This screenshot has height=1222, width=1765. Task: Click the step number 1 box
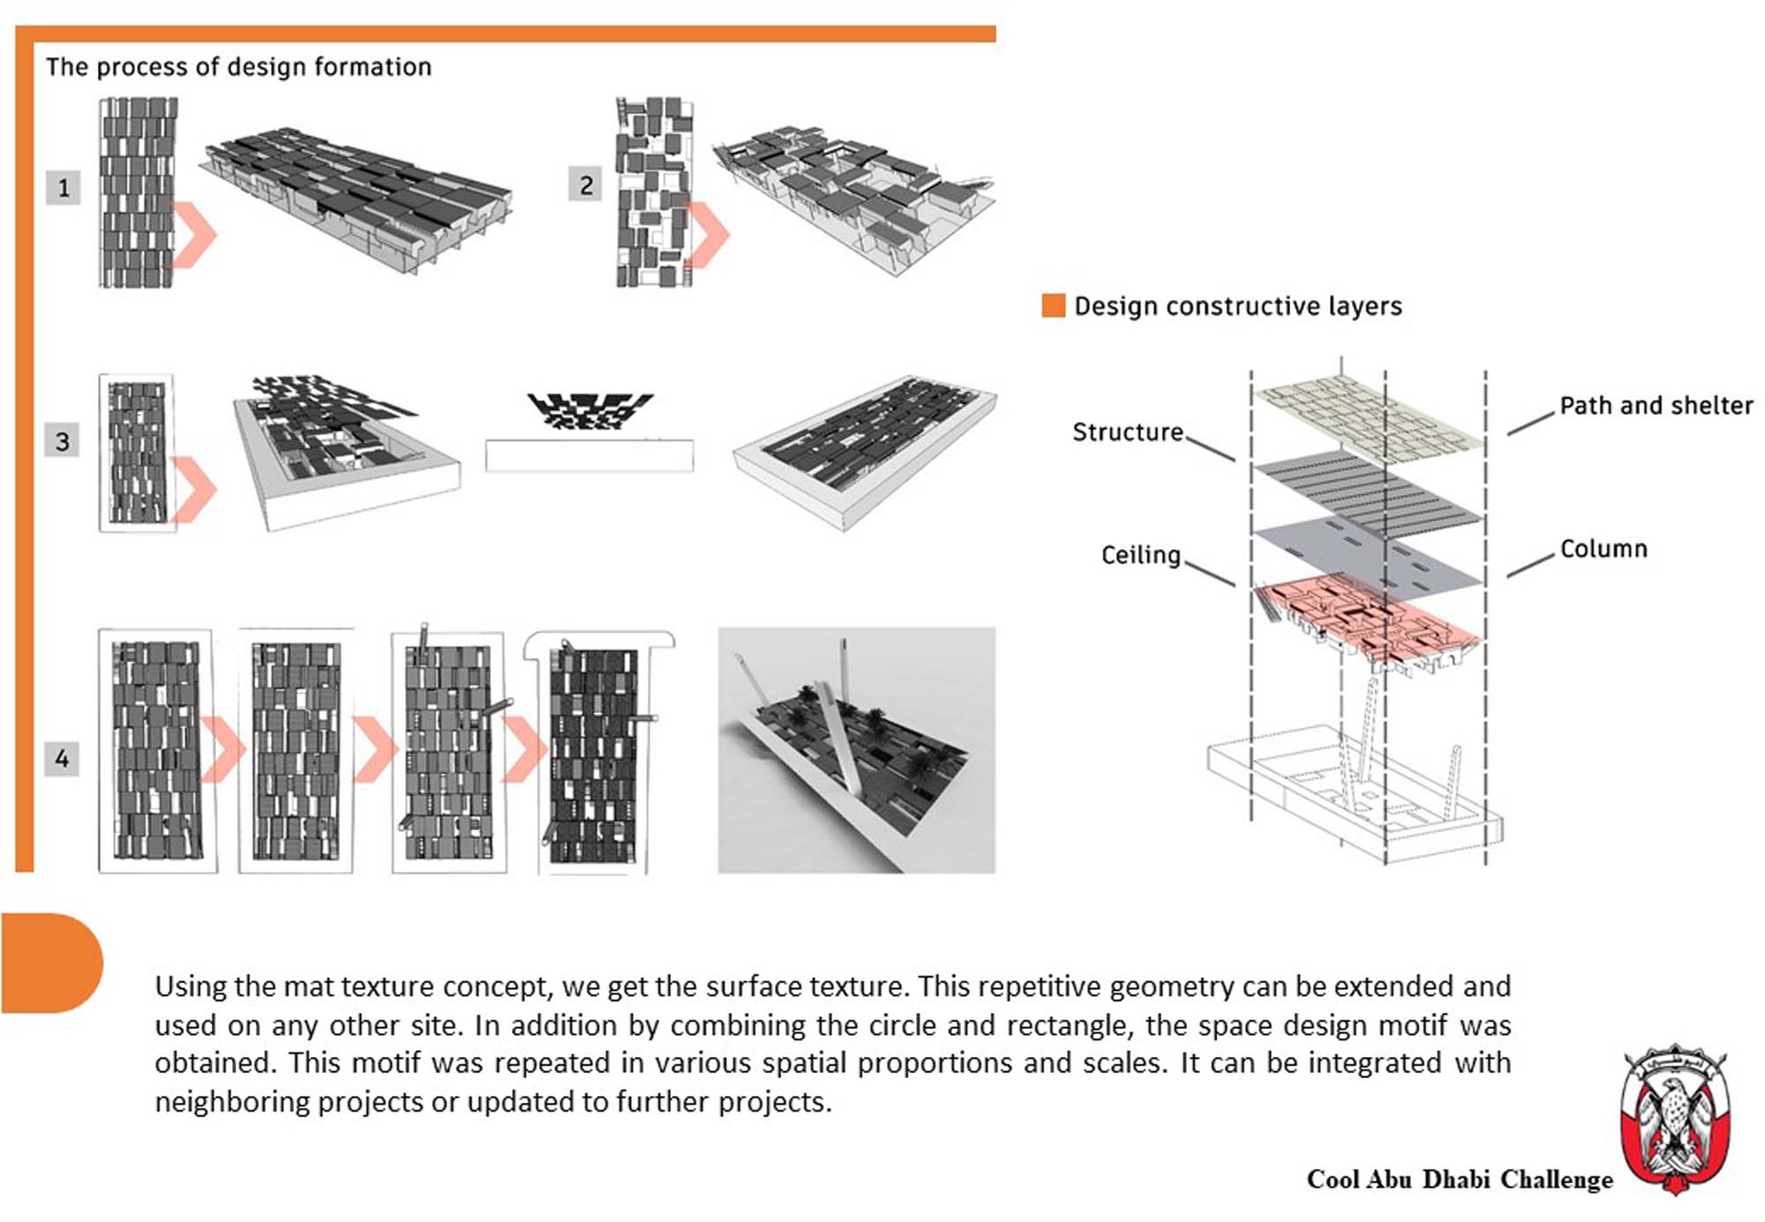[63, 188]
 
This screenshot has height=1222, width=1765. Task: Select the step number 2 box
[585, 185]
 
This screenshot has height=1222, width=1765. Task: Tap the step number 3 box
[62, 441]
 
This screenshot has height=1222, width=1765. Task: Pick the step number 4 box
[62, 758]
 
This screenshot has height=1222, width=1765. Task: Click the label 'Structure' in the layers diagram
[1127, 432]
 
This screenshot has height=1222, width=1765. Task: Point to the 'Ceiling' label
[1140, 555]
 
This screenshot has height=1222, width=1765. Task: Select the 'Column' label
[1603, 549]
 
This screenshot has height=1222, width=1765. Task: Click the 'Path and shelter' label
[1656, 406]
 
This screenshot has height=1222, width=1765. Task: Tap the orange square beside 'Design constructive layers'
[1053, 305]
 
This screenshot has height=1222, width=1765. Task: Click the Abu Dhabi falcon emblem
[1674, 1119]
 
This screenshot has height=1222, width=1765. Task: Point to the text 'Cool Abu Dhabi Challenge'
[1459, 1180]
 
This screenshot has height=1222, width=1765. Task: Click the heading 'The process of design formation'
[238, 67]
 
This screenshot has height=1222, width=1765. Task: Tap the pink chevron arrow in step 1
[194, 235]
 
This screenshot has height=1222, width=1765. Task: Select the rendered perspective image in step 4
[856, 750]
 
